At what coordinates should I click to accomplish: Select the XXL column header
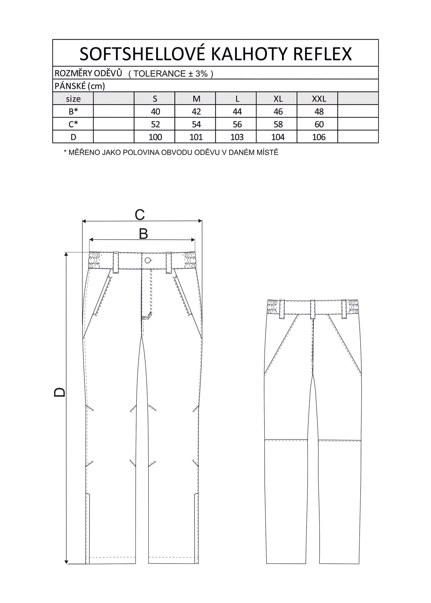point(319,99)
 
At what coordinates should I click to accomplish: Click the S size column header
point(155,99)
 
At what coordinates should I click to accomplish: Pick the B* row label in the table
point(73,112)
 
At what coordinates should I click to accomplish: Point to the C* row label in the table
point(73,124)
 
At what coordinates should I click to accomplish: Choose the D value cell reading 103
point(237,137)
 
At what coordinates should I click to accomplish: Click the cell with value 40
point(155,112)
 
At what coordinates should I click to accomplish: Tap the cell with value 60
point(319,124)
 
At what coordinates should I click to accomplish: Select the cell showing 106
point(319,137)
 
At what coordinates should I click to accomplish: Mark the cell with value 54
point(196,124)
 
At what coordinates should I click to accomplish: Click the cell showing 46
point(278,112)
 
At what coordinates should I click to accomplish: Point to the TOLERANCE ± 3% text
point(171,74)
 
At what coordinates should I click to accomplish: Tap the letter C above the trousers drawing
point(140,215)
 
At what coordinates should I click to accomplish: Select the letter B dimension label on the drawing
point(143,234)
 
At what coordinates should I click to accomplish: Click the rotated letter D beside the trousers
point(60,392)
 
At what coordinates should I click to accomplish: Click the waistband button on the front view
point(148,260)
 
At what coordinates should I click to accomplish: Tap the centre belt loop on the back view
point(313,309)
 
